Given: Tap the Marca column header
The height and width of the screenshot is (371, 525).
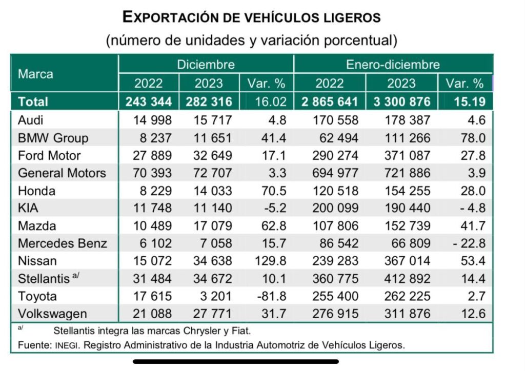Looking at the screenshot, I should [x=35, y=74].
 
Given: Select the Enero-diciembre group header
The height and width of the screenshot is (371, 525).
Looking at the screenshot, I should [x=393, y=65].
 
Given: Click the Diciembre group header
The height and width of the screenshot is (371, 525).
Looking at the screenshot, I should [x=206, y=65].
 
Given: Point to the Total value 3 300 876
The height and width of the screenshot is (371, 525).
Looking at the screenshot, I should [x=401, y=101].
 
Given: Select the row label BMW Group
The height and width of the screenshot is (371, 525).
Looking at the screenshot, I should [x=53, y=138].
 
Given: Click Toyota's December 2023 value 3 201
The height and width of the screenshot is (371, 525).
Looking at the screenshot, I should [x=216, y=296].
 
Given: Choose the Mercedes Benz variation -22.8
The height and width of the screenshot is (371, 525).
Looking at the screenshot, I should [x=469, y=243].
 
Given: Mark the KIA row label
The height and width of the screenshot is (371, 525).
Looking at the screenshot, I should [x=29, y=208].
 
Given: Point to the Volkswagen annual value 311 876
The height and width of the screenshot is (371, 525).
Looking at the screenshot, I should [x=401, y=313].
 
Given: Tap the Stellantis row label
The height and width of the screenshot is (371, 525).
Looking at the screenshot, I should [x=45, y=278].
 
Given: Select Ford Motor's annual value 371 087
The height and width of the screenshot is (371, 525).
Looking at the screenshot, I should [x=401, y=155].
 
